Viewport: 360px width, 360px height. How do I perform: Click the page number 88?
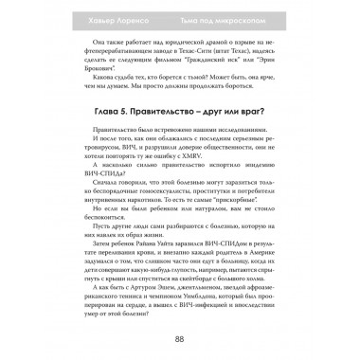[x=180, y=341]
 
